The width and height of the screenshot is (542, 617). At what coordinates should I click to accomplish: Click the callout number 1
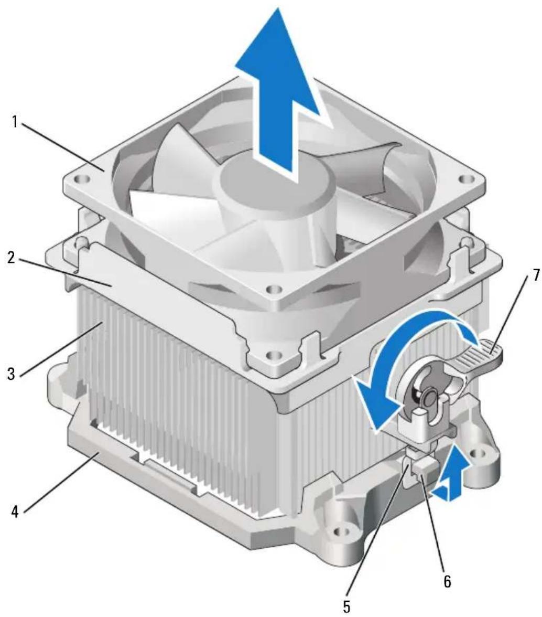[x=15, y=122]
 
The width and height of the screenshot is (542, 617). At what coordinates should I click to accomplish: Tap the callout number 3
[x=12, y=373]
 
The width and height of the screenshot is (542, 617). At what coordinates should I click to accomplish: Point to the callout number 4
[x=15, y=512]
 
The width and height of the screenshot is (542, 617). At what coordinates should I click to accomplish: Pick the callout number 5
[x=346, y=607]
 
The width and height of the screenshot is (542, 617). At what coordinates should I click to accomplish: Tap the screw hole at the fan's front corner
[x=272, y=291]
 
